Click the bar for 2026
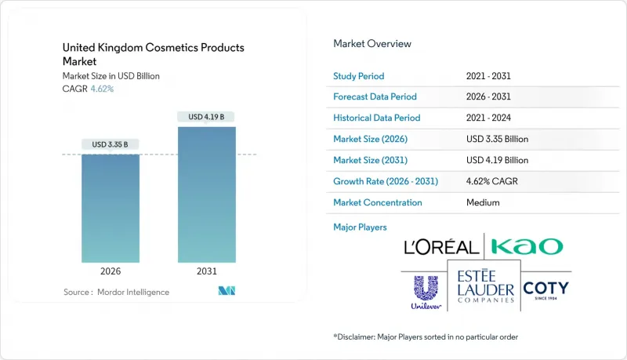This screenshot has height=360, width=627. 111,208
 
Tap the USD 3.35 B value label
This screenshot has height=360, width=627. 111,144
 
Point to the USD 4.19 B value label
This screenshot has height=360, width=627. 207,117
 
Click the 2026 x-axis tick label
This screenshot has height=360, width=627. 111,271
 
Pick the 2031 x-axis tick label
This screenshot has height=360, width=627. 207,271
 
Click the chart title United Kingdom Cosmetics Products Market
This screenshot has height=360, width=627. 154,54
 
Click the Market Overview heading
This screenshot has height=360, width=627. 372,44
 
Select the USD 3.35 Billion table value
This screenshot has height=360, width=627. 497,139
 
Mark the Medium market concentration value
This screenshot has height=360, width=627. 483,202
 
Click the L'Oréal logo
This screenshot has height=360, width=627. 440,247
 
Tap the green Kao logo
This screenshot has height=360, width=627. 527,246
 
